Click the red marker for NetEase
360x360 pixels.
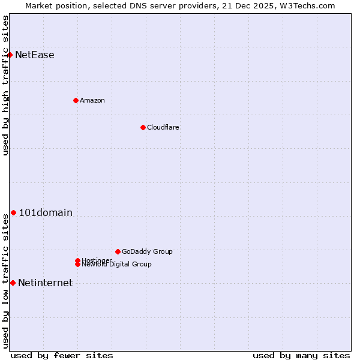pos(10,55)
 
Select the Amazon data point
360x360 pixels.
pos(76,100)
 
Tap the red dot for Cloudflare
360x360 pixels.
pos(143,127)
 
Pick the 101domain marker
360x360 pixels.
pos(13,212)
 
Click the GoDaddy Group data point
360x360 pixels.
pos(118,251)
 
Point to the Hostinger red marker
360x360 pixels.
pos(77,260)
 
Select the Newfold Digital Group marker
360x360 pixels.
pos(77,265)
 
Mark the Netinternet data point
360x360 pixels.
pos(13,283)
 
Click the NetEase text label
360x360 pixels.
pos(35,55)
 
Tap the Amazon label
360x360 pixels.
pos(92,100)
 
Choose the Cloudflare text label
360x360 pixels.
pos(163,127)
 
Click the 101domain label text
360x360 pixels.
pos(46,213)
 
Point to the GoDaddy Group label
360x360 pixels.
pos(147,251)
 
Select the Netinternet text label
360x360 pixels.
pos(46,283)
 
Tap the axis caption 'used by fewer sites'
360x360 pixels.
pos(62,355)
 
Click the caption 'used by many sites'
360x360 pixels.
pos(301,355)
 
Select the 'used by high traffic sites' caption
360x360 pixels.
pos(5,85)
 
